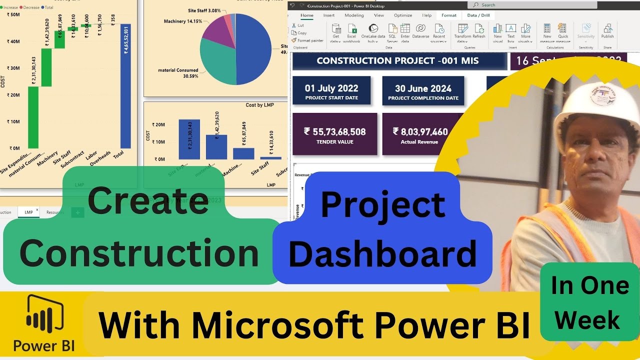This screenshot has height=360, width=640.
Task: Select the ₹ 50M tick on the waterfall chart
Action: click(x=13, y=15)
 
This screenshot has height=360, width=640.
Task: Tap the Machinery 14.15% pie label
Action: click(x=183, y=21)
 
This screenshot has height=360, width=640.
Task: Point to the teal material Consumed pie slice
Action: click(x=218, y=65)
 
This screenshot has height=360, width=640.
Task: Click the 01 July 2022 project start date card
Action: click(x=331, y=90)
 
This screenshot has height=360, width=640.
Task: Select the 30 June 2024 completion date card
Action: click(x=423, y=90)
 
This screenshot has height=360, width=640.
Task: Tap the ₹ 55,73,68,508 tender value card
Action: click(x=334, y=134)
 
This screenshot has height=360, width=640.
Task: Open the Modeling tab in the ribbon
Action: click(x=354, y=15)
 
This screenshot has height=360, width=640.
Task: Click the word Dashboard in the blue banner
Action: click(x=382, y=254)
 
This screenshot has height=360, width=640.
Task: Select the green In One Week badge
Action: click(x=590, y=301)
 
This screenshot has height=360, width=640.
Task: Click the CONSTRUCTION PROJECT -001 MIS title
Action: click(x=397, y=61)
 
